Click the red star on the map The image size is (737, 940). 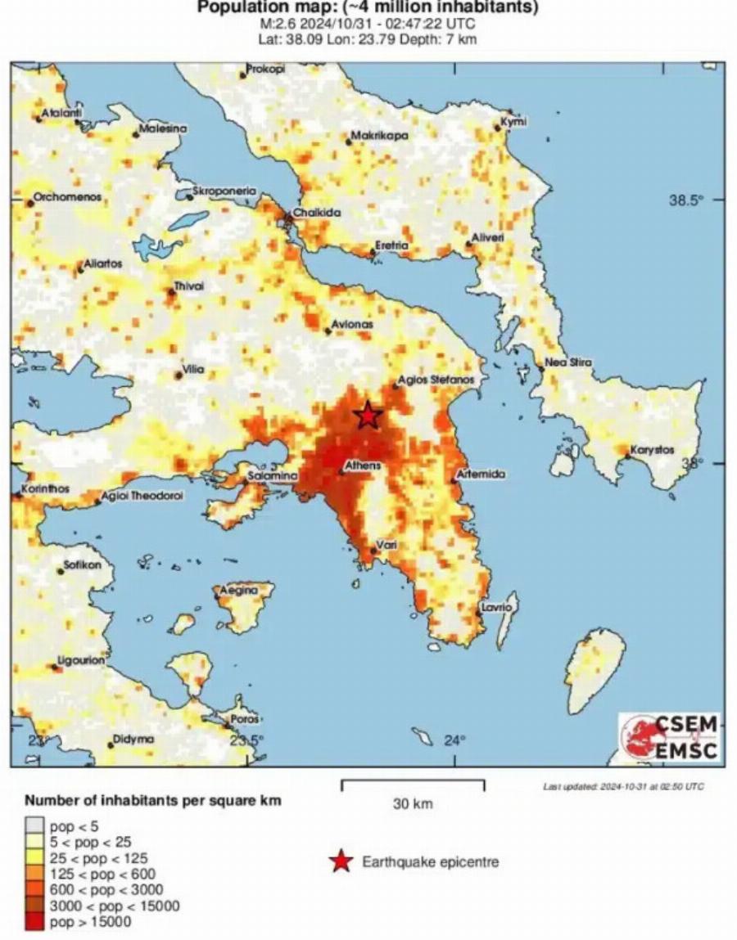click(368, 416)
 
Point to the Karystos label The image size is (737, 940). click(652, 450)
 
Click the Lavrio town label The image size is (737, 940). click(497, 608)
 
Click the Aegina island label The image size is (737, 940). click(236, 590)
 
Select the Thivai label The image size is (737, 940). click(188, 286)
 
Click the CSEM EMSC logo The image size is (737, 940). click(669, 737)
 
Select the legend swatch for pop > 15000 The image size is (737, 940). click(34, 923)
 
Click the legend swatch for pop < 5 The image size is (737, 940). click(34, 826)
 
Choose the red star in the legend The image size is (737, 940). click(342, 861)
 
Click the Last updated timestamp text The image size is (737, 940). click(623, 786)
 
